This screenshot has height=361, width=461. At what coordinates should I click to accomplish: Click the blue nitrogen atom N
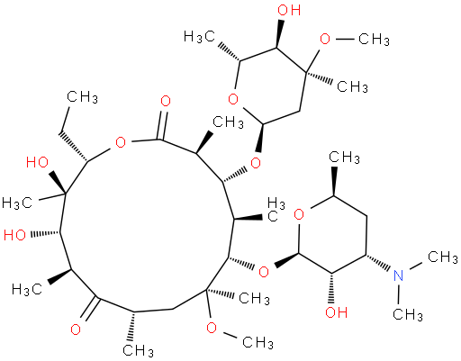[399, 275]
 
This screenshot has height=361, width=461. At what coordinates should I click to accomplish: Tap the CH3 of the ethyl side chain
[82, 97]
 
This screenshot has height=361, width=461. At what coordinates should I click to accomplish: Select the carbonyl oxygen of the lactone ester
[166, 101]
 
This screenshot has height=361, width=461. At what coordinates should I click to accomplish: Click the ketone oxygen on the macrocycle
[76, 329]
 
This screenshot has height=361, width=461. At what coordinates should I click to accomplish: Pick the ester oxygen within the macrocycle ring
[121, 142]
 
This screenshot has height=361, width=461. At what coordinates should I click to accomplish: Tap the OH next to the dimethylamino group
[337, 312]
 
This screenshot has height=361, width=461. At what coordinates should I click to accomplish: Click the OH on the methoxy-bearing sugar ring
[289, 10]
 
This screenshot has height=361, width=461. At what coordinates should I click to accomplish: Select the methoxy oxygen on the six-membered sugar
[324, 39]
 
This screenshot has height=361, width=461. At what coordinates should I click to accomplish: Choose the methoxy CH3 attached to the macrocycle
[258, 342]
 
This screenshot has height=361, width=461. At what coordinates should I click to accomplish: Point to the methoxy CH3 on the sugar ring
[374, 39]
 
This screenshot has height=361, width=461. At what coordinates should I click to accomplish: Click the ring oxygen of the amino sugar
[299, 214]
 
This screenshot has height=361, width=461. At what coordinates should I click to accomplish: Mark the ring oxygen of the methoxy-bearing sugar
[233, 98]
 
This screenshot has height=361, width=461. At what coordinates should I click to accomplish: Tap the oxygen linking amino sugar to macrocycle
[264, 272]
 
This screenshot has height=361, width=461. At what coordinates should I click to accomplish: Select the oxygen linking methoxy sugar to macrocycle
[256, 164]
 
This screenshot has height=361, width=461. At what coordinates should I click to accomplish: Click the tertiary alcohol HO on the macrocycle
[37, 162]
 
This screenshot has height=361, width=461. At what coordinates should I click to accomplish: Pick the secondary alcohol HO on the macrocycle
[14, 235]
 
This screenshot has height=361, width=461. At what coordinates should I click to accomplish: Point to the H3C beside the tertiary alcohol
[17, 203]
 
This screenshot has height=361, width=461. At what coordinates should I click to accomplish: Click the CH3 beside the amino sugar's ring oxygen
[344, 157]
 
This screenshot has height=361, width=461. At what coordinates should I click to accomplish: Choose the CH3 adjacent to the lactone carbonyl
[228, 122]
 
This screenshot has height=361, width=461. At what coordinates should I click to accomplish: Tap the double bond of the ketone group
[90, 309]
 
